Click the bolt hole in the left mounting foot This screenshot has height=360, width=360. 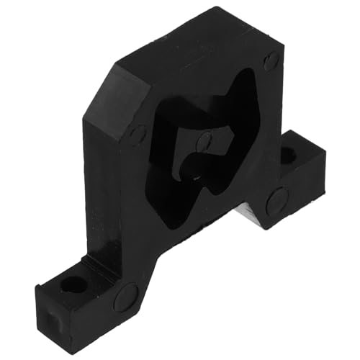click(x=74, y=284)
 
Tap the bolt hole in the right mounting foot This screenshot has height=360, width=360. click(x=287, y=154)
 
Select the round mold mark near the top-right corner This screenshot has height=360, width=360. click(x=271, y=60)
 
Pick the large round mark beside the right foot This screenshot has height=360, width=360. click(x=276, y=200)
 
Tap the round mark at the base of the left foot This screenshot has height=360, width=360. click(x=126, y=296)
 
